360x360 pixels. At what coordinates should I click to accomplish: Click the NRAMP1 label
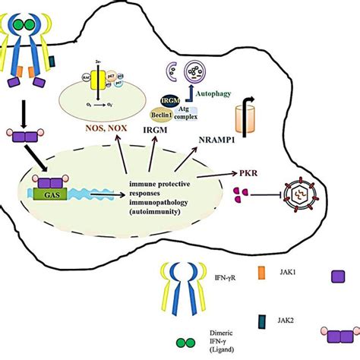(214, 141)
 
